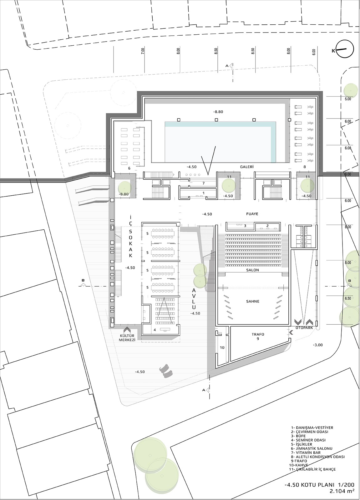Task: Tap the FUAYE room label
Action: pyautogui.click(x=252, y=214)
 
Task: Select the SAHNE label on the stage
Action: pyautogui.click(x=253, y=301)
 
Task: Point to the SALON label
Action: pyautogui.click(x=253, y=270)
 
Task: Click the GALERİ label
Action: pyautogui.click(x=247, y=167)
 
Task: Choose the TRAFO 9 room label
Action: pyautogui.click(x=258, y=336)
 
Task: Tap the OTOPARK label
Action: pyautogui.click(x=304, y=328)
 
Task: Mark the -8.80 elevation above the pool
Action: pyautogui.click(x=218, y=112)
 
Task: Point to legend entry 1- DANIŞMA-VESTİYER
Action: pyautogui.click(x=312, y=428)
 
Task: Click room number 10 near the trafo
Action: pyautogui.click(x=222, y=347)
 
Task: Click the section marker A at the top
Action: pyautogui.click(x=227, y=66)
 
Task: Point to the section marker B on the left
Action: pyautogui.click(x=83, y=281)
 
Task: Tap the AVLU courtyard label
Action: pyautogui.click(x=194, y=299)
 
